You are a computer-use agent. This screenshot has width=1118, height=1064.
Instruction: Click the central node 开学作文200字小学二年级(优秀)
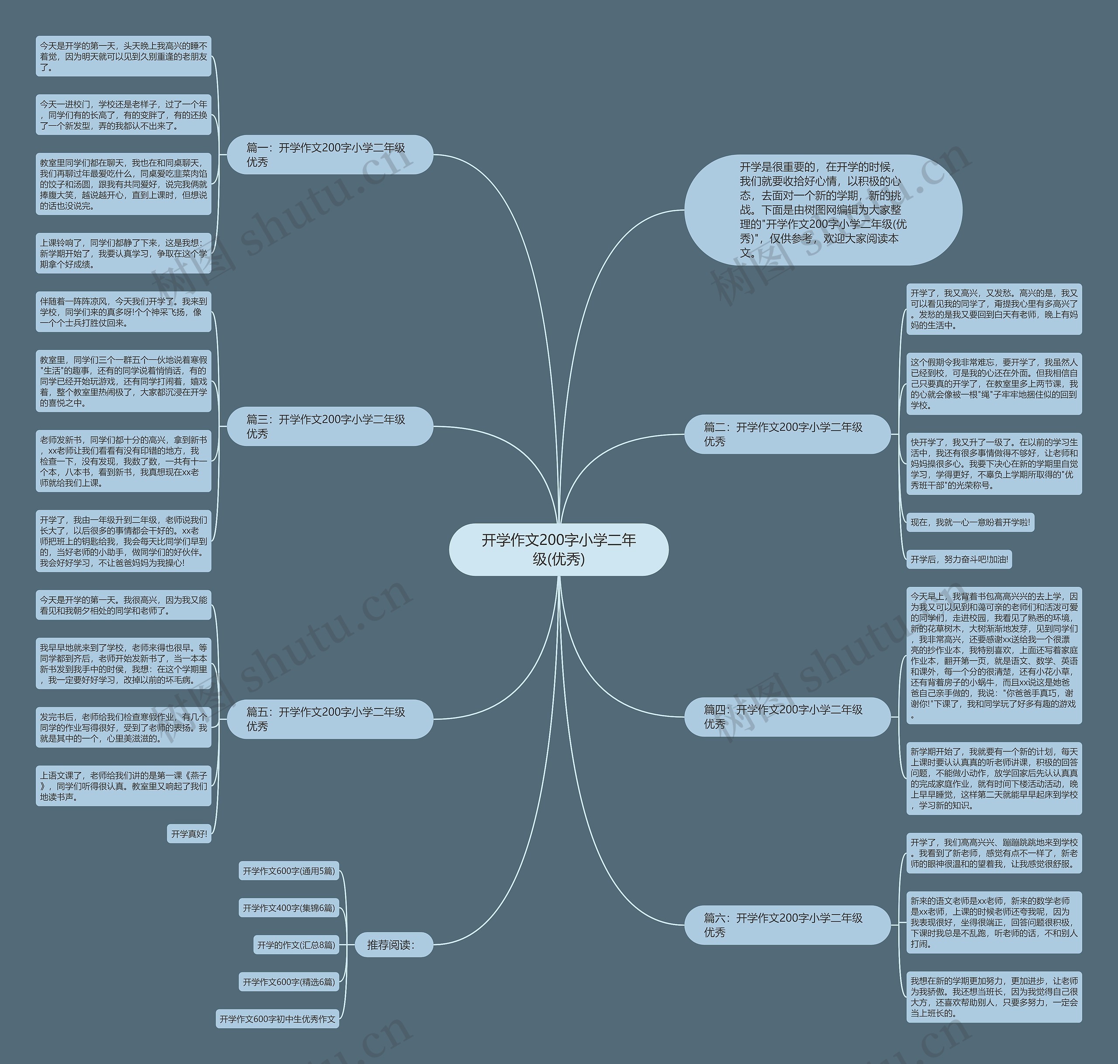coord(558,549)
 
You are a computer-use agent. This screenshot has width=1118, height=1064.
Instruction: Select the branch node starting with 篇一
coord(330,154)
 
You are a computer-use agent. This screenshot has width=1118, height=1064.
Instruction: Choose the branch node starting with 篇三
coord(330,426)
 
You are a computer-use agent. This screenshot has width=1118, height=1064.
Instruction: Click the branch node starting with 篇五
coord(330,719)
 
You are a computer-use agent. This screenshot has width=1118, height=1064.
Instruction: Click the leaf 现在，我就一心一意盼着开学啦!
coord(970,522)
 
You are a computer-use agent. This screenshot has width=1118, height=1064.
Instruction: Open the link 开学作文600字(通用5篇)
coord(289,871)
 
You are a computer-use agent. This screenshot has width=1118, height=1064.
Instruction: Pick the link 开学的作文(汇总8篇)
coord(296,945)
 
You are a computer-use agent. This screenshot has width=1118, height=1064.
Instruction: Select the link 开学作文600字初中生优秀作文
coord(277,1019)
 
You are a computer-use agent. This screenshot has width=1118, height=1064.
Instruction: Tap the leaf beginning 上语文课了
coord(123,785)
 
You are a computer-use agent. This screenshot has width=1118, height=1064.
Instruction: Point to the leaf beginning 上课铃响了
coord(123,253)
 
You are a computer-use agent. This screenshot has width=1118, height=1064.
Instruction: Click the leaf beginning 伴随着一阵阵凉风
coord(123,312)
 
